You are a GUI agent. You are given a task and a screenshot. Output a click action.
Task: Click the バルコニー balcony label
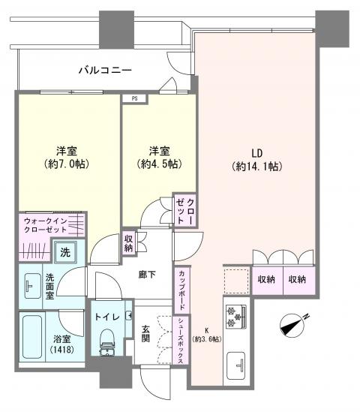[x=105, y=70]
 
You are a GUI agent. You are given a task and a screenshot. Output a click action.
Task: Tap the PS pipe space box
[x=135, y=99]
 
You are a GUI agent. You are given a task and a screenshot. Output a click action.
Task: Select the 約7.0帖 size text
[x=67, y=164]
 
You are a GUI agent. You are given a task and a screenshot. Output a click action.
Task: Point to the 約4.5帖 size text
[x=160, y=164]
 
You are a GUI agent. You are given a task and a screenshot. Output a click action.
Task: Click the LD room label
[x=257, y=153]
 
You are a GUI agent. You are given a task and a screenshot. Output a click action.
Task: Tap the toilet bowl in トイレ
[x=107, y=342]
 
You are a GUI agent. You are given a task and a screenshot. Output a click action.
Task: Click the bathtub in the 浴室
[x=32, y=337]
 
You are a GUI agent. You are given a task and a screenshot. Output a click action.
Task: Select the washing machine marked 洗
[x=65, y=252]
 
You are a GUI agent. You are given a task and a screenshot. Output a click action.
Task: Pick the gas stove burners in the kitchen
[x=235, y=317]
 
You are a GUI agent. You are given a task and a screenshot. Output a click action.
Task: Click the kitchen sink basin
[x=235, y=365]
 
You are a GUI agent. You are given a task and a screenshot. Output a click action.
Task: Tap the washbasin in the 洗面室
[x=32, y=286]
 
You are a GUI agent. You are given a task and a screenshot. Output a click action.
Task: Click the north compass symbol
[x=292, y=325]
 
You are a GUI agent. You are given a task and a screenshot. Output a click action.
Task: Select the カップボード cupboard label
[x=181, y=290]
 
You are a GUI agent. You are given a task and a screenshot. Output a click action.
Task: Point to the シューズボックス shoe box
[x=181, y=340]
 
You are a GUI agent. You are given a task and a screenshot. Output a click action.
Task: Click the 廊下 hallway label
[x=147, y=275]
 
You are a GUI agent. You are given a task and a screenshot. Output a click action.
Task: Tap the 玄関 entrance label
[x=145, y=334]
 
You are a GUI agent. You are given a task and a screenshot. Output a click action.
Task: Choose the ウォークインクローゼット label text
[x=46, y=225]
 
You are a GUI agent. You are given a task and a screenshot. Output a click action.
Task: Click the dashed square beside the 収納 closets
[x=236, y=281]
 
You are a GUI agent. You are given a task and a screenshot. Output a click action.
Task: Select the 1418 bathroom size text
[x=62, y=350]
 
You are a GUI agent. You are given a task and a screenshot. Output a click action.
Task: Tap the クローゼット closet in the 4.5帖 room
[x=186, y=210]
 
